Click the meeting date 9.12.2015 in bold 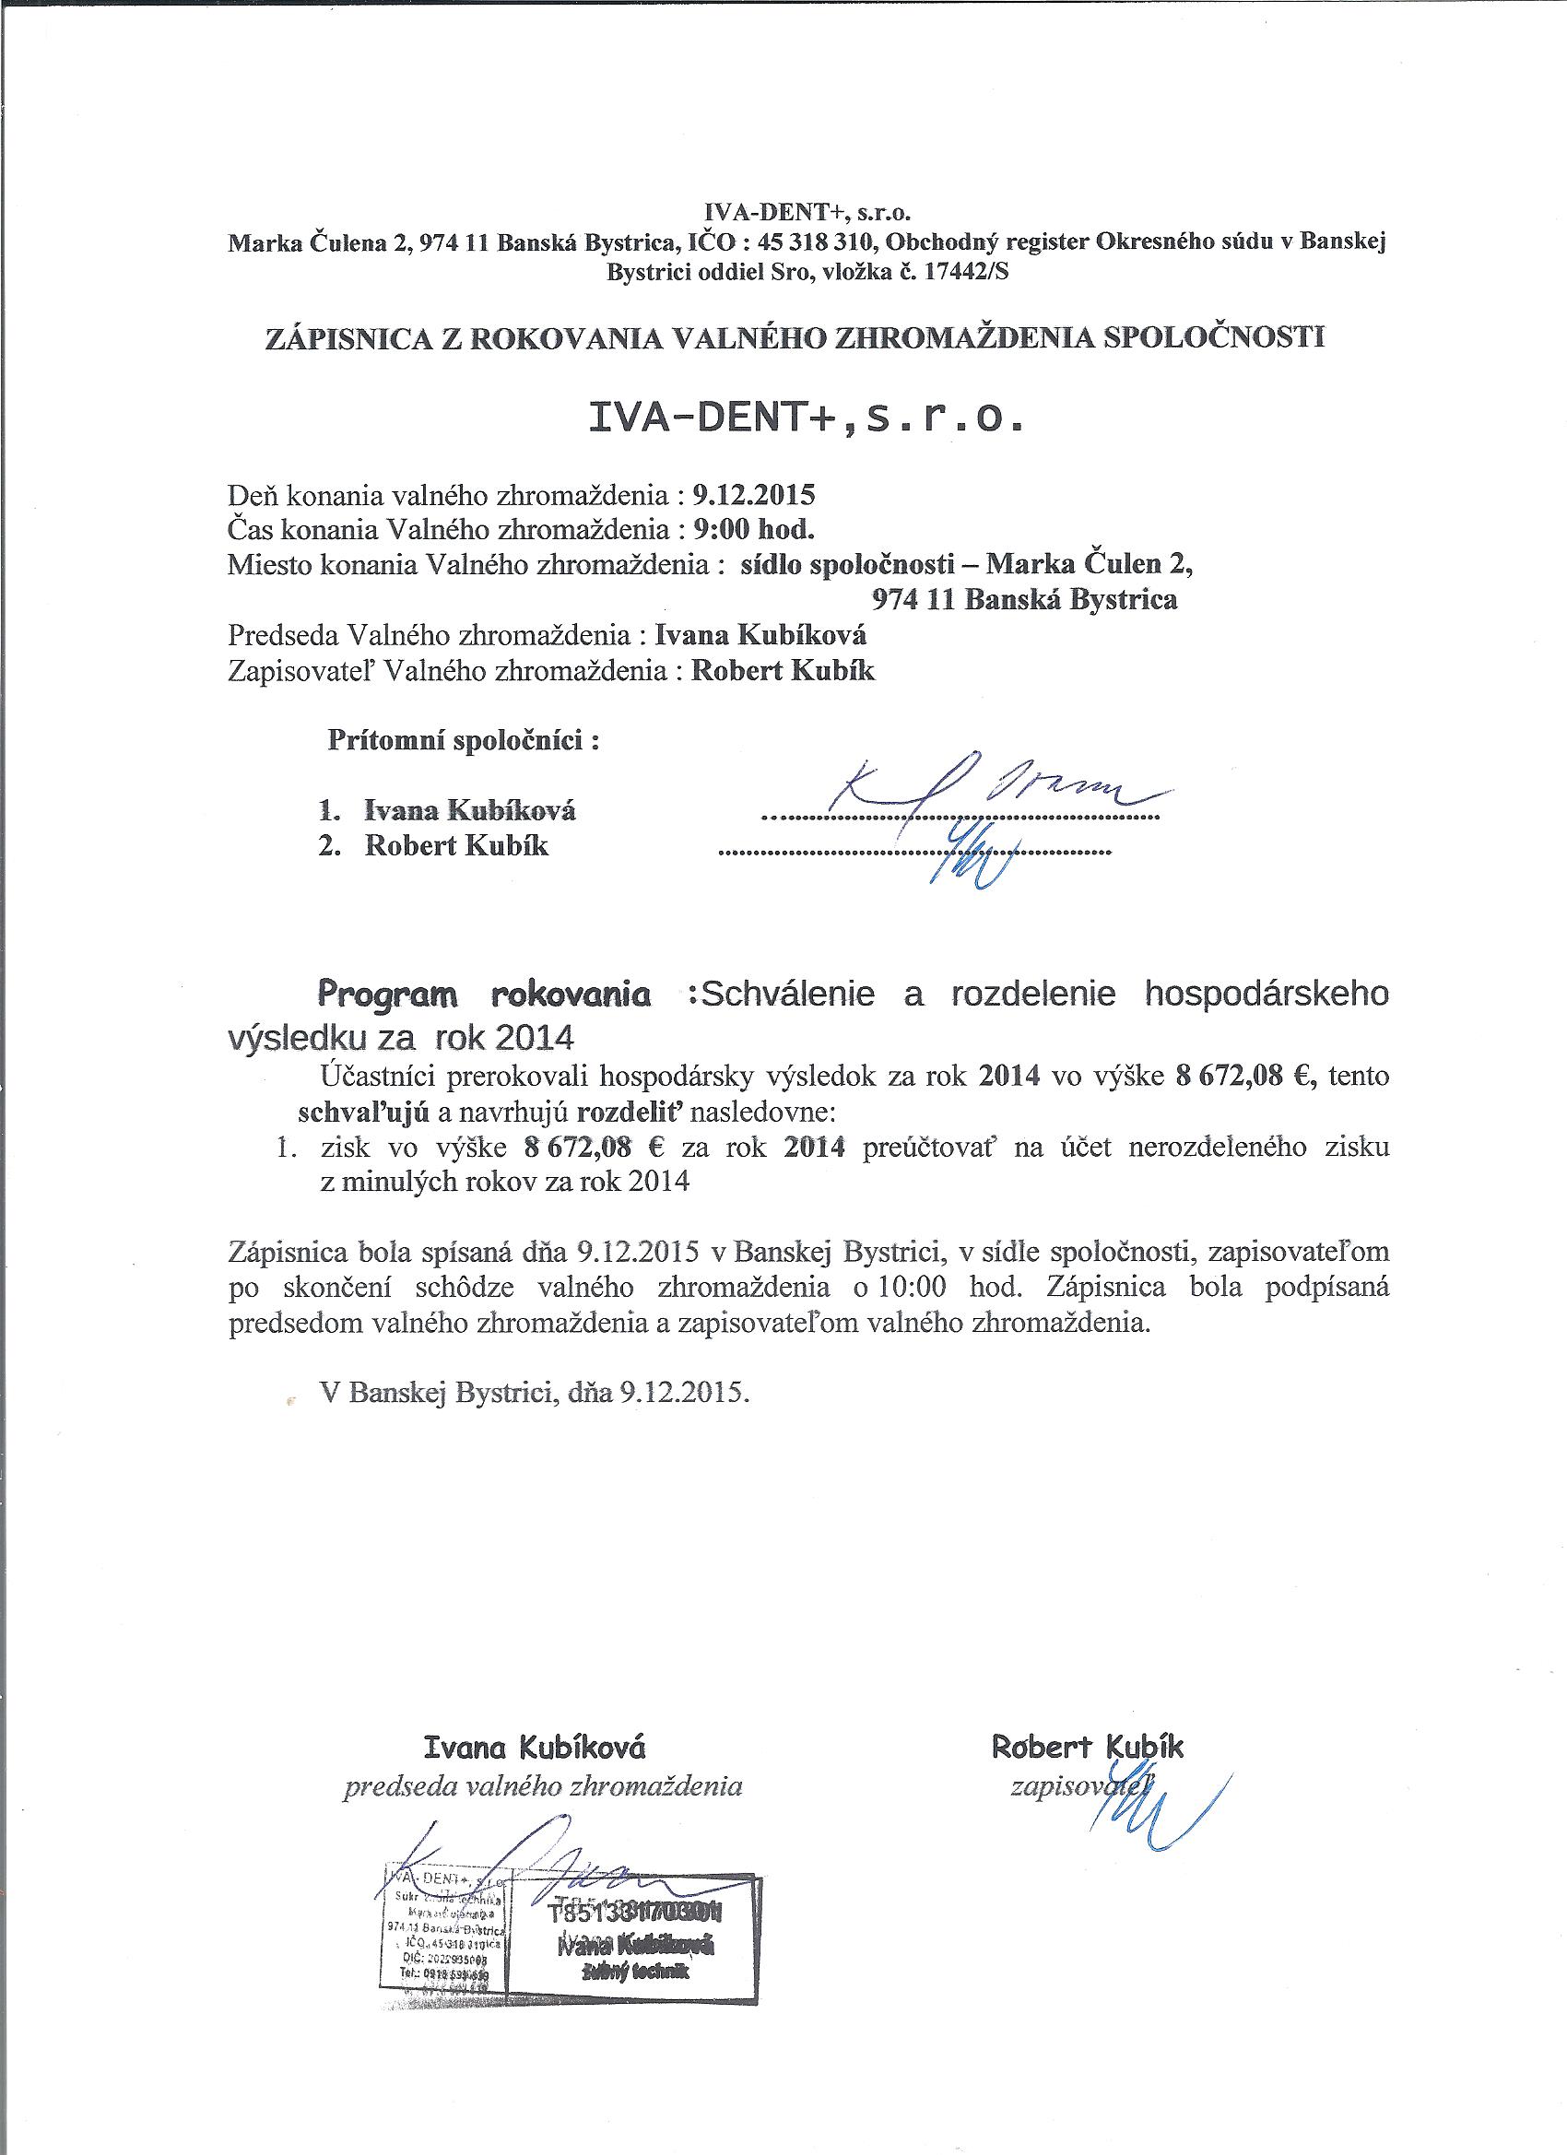pyautogui.click(x=754, y=495)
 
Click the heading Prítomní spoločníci pyautogui.click(x=464, y=740)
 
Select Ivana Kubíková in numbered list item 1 pyautogui.click(x=469, y=810)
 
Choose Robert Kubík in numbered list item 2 pyautogui.click(x=456, y=846)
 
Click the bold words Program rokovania pyautogui.click(x=485, y=995)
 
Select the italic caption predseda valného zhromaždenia pyautogui.click(x=542, y=1787)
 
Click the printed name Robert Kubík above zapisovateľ pyautogui.click(x=1087, y=1747)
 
